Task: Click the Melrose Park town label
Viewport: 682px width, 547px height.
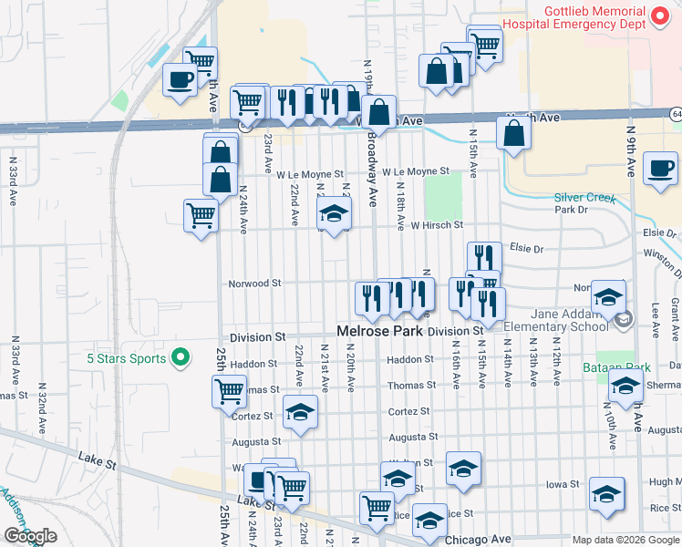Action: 379,331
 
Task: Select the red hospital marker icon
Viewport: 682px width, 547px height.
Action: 662,15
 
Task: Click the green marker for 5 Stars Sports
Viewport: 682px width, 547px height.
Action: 181,357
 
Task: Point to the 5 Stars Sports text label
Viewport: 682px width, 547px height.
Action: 127,358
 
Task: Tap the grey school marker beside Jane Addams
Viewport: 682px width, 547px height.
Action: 624,319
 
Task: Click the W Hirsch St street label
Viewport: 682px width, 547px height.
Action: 437,224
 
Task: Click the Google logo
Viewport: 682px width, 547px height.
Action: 30,537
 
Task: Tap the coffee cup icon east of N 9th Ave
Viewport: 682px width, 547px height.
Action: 659,168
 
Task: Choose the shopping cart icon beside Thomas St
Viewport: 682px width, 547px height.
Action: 228,391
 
